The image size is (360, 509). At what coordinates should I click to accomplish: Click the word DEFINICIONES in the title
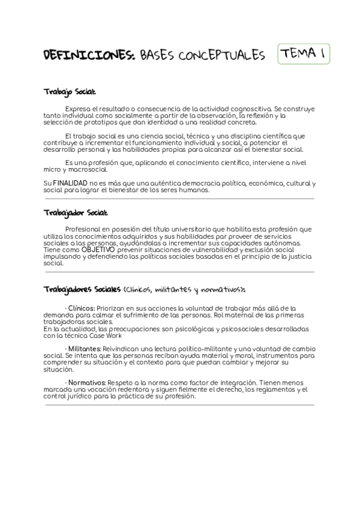point(89,56)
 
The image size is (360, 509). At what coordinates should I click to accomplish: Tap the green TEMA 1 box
point(304,55)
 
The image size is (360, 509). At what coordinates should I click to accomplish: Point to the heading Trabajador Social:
point(76,212)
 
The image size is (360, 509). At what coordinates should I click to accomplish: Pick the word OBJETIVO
point(97,248)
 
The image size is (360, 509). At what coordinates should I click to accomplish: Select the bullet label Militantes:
point(84,348)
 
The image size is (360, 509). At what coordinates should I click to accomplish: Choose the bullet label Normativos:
point(86,382)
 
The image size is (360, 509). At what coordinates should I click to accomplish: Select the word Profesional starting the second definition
point(84,229)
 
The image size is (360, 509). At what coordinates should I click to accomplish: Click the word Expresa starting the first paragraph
point(78,108)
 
